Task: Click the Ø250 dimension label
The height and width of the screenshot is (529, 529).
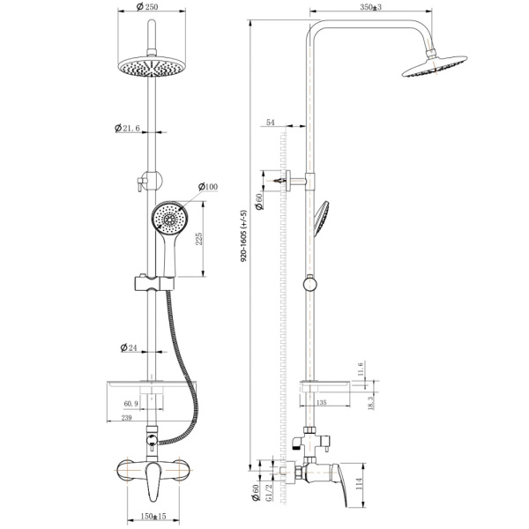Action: click(147, 6)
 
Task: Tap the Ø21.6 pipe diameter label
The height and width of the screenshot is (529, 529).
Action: click(127, 128)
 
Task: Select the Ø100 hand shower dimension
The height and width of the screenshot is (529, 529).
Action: click(208, 187)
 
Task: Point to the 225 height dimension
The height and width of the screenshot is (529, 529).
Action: click(199, 239)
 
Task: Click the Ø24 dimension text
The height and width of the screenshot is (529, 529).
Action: click(129, 347)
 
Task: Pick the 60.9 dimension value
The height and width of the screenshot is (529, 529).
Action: click(130, 404)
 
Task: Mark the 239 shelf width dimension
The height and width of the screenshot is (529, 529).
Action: click(126, 418)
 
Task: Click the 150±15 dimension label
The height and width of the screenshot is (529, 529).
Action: click(153, 516)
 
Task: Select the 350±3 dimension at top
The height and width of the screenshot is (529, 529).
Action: click(371, 7)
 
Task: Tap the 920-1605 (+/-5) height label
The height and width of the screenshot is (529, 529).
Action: click(243, 236)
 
